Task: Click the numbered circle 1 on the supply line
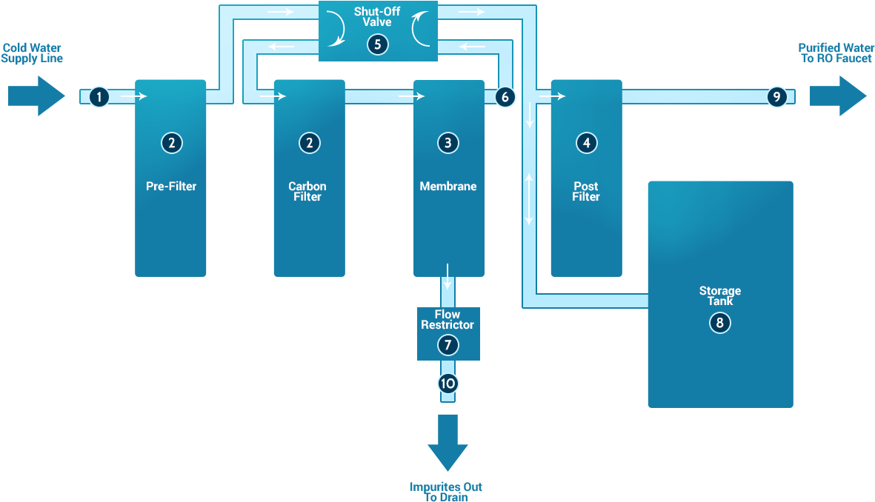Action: [x=99, y=96]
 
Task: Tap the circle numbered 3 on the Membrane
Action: [x=448, y=143]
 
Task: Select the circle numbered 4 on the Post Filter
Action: [x=586, y=143]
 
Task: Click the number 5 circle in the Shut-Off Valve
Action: [x=378, y=44]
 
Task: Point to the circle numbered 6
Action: [x=505, y=96]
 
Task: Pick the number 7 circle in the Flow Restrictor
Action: [x=448, y=344]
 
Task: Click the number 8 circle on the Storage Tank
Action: [x=719, y=323]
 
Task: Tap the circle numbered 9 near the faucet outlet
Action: [x=776, y=96]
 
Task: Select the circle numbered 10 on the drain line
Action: [x=448, y=384]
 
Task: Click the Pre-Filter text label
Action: [x=171, y=187]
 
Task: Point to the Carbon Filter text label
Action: [x=307, y=191]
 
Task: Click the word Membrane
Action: [x=448, y=187]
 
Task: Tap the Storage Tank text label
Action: [x=719, y=295]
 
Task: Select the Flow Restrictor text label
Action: [x=448, y=319]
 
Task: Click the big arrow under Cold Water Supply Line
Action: [x=37, y=96]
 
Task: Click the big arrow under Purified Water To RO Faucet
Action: [x=837, y=96]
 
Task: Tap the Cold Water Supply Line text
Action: [x=32, y=53]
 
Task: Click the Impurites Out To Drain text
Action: [x=446, y=492]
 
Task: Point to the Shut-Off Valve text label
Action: [x=377, y=17]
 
